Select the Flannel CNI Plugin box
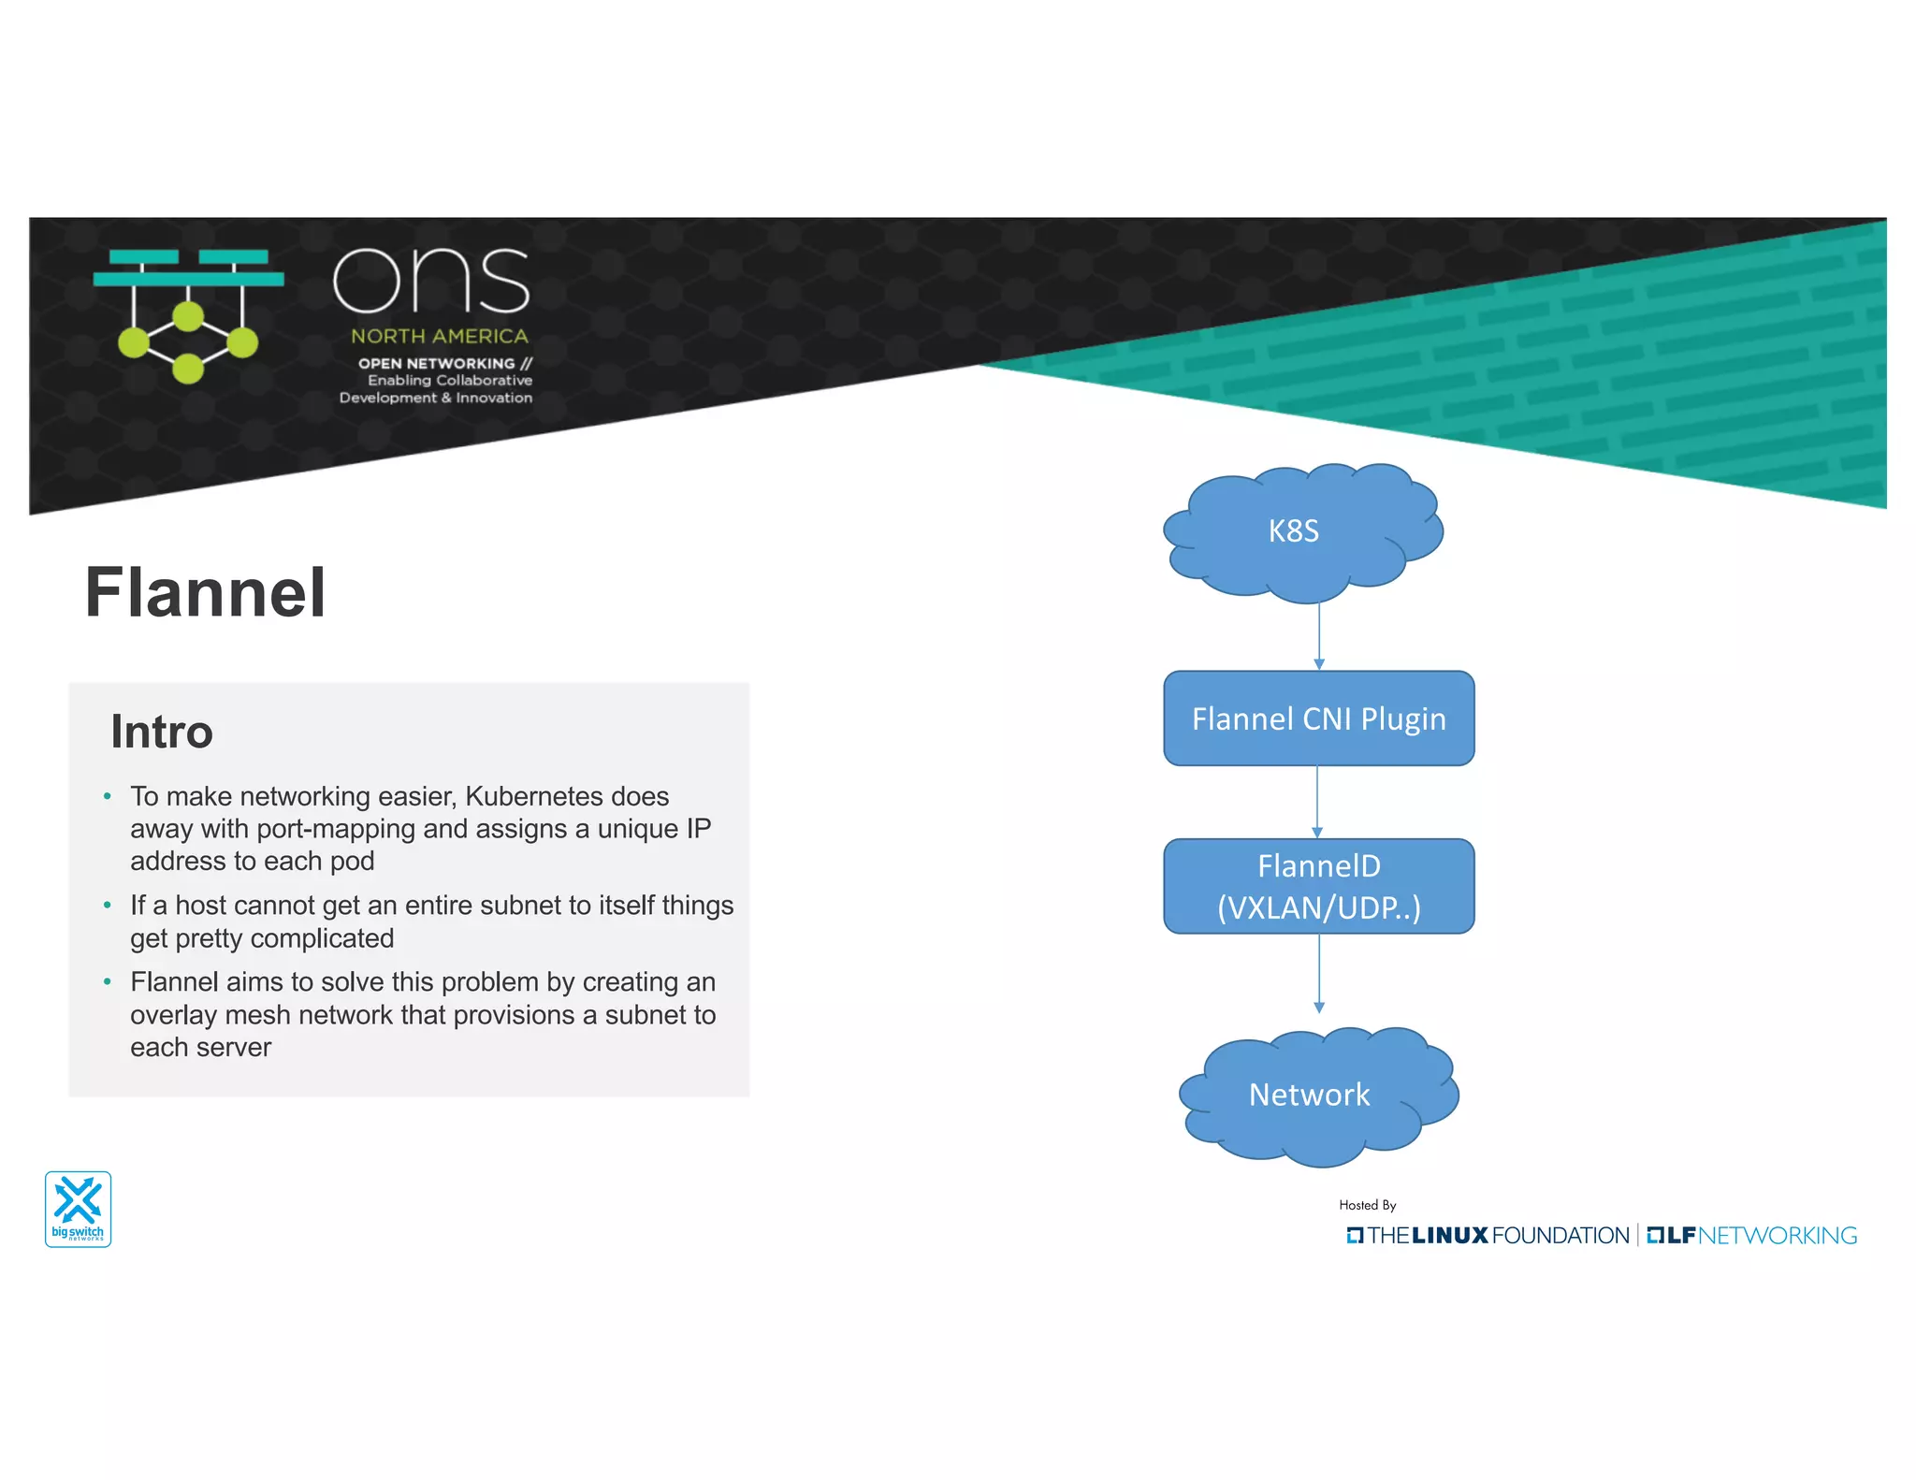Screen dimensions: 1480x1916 pos(1318,718)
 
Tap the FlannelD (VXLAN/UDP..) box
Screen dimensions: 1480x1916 pos(1318,886)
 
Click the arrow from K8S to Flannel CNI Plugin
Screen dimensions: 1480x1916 pos(1319,636)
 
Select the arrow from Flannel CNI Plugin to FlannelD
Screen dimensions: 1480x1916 pos(1317,802)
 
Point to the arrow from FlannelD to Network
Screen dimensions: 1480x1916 pos(1319,973)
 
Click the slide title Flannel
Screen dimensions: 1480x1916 pos(205,593)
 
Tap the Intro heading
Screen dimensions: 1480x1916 pos(162,732)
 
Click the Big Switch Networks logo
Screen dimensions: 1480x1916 pos(79,1209)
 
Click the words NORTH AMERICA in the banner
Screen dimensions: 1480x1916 pos(440,336)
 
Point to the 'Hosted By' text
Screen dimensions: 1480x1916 pos(1367,1205)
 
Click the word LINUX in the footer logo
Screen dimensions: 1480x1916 pos(1449,1236)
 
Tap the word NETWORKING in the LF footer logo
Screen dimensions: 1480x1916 pos(1778,1236)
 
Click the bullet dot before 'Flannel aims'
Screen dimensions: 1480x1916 pos(108,982)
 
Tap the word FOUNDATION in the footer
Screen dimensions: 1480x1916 pos(1560,1236)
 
